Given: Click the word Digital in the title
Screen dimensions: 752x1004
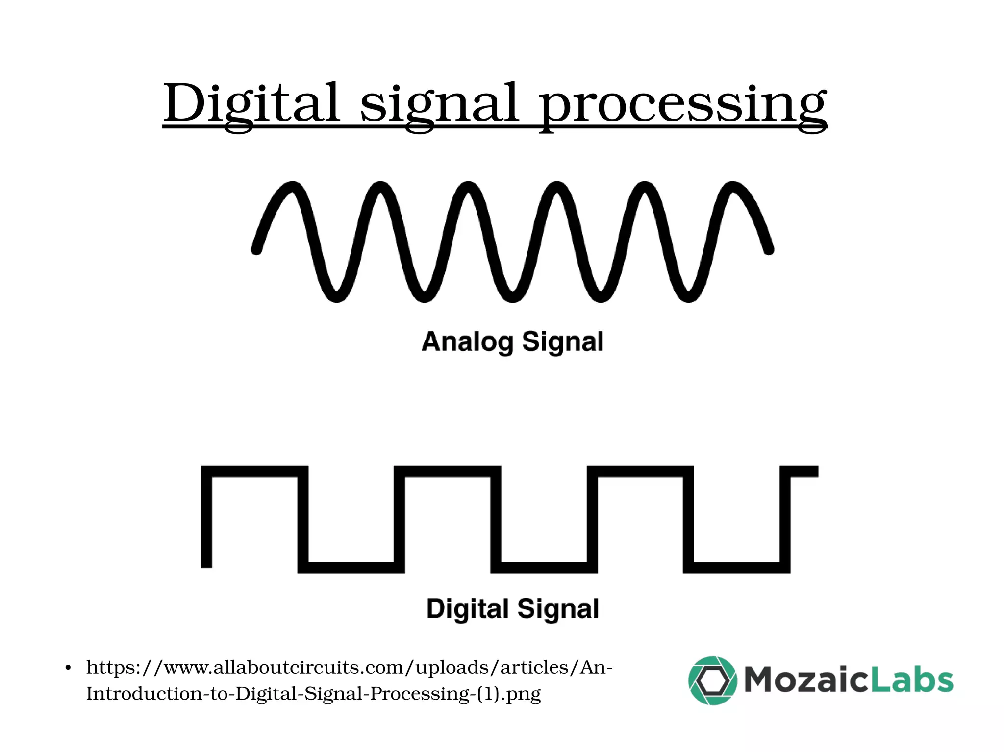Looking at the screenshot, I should click(251, 104).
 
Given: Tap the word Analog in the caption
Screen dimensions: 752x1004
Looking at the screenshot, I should click(467, 342).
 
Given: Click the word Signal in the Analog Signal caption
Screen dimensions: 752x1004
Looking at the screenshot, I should click(562, 342).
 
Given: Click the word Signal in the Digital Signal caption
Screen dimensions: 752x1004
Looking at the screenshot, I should click(558, 609).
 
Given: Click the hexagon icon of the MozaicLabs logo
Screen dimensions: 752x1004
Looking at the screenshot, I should click(712, 680).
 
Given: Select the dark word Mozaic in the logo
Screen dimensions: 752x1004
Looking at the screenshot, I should click(804, 680).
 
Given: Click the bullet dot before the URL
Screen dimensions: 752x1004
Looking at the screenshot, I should click(68, 668).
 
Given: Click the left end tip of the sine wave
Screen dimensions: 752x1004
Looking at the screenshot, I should click(256, 250).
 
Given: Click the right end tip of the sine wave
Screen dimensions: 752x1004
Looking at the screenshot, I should click(769, 250).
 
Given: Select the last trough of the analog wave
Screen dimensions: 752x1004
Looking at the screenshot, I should click(688, 297).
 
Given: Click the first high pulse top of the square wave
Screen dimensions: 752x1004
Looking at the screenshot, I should click(255, 471).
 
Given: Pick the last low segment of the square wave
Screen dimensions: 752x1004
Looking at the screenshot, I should click(736, 568).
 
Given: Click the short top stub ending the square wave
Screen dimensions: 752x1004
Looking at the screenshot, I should click(804, 471).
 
